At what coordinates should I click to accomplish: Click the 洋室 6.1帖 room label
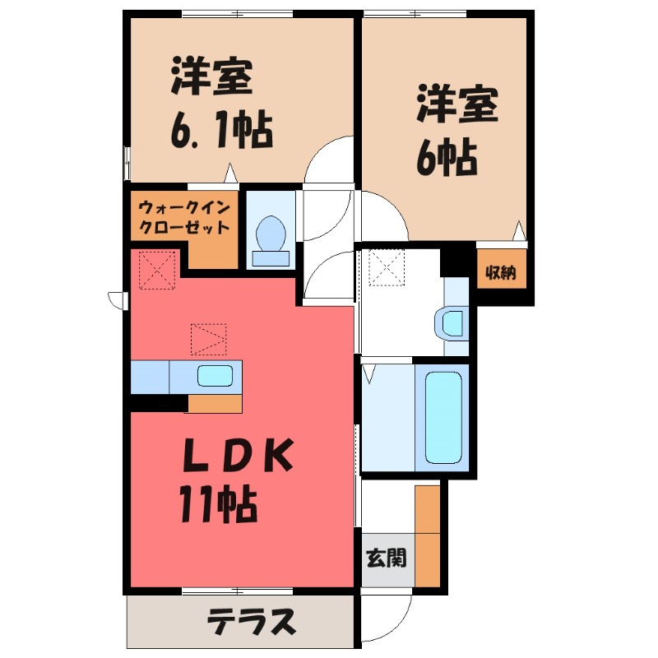click(x=220, y=103)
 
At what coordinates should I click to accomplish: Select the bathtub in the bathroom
click(x=445, y=417)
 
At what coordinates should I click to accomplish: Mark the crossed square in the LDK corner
click(x=157, y=269)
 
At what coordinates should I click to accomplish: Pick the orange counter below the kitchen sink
click(x=215, y=404)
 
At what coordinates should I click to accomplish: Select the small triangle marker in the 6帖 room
click(x=519, y=230)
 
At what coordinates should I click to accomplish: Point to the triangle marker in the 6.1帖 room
click(x=231, y=175)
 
